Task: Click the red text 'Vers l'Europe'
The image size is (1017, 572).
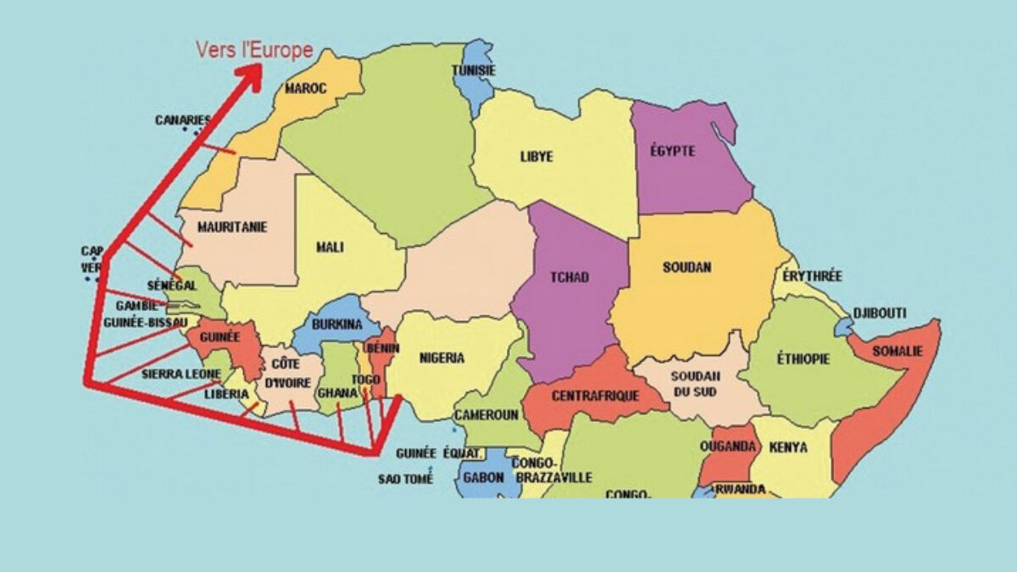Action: [254, 50]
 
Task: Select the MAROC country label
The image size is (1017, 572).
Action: [306, 88]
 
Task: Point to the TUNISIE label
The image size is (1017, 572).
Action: [474, 70]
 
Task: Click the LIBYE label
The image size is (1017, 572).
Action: [536, 157]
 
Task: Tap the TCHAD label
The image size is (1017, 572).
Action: [569, 277]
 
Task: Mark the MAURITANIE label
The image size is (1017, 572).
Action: [232, 227]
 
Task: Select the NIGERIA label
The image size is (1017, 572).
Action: [442, 358]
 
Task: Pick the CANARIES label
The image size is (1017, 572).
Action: [182, 120]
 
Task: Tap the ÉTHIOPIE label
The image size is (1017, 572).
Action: [803, 359]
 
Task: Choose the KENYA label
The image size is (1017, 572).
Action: [789, 447]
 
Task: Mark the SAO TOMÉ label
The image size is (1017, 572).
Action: [405, 479]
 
